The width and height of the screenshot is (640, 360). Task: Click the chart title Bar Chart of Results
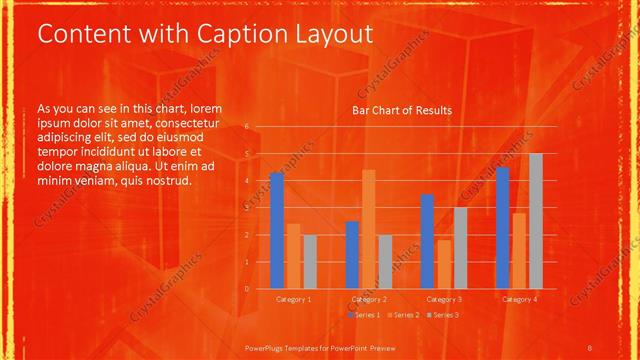401,110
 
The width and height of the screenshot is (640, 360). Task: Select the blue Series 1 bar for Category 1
277,231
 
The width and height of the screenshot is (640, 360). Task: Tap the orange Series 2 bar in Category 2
368,229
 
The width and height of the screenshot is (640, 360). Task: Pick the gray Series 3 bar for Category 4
535,221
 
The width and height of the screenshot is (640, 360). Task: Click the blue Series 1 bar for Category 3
427,241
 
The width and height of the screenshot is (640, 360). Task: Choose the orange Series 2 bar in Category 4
518,250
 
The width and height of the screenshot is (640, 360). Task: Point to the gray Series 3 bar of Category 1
310,261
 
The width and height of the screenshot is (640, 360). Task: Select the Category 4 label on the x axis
518,299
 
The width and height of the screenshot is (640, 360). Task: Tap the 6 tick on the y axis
246,128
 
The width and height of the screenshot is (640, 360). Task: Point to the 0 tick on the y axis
246,288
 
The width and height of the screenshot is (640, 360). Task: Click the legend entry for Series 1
365,314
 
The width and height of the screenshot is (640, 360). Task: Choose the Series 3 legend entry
444,314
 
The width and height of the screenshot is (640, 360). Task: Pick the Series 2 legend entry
405,314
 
